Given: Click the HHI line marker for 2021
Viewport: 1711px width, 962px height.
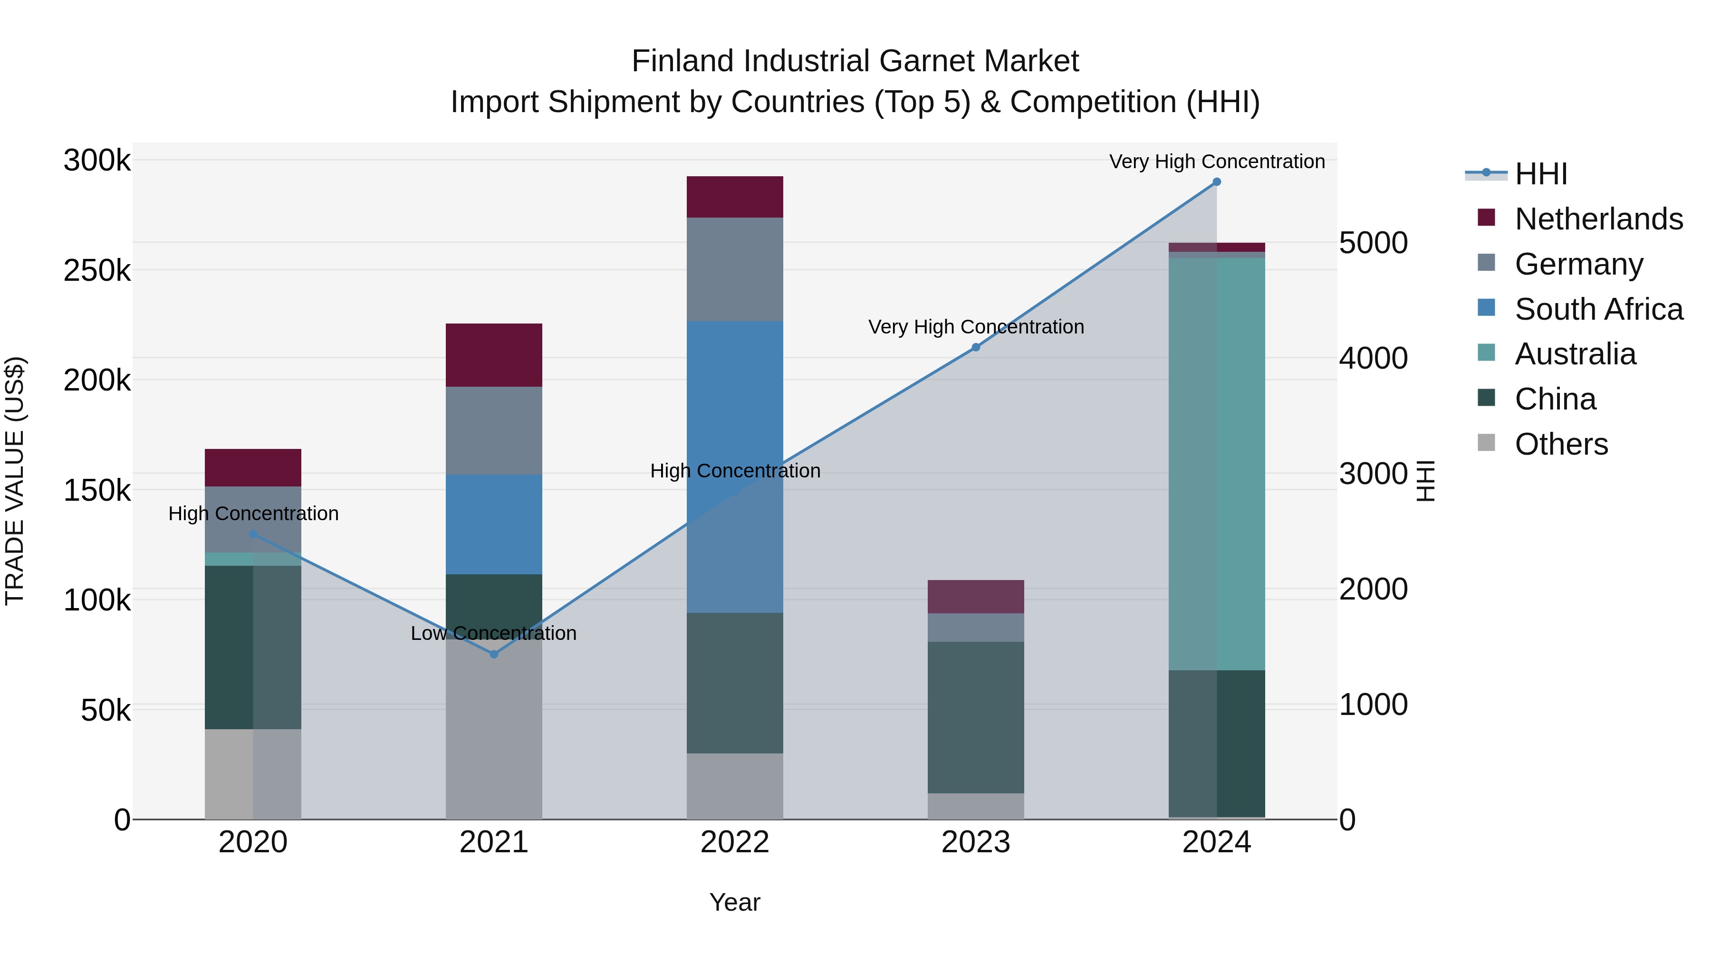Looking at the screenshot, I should coord(493,654).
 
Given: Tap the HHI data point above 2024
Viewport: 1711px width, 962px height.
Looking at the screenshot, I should coord(1216,182).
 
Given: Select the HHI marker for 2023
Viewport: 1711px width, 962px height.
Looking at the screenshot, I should coord(975,347).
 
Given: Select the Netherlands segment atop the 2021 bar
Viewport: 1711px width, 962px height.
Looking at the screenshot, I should coord(493,355).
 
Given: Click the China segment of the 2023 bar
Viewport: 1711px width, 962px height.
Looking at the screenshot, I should coord(975,717).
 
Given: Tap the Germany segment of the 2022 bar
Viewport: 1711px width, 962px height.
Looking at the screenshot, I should coord(735,269).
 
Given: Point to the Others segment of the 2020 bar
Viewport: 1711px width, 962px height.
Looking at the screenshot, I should coord(252,773).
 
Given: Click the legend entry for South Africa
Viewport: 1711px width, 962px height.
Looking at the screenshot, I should coord(1598,309).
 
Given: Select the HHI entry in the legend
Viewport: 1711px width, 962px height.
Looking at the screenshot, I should coord(1540,174).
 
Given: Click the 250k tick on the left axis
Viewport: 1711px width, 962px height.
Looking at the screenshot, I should coord(97,271).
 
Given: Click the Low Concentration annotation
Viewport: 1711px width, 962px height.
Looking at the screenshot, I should coord(493,633).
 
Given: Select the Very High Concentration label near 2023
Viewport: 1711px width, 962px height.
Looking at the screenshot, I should coord(976,327).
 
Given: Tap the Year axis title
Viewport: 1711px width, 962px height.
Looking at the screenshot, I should coord(735,902).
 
